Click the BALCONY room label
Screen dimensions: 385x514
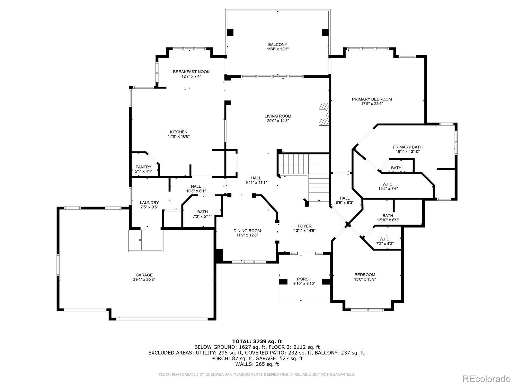click(278, 45)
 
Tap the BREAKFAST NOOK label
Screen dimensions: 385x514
click(191, 72)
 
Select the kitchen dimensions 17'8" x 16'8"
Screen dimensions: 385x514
click(179, 136)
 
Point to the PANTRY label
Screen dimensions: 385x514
click(143, 167)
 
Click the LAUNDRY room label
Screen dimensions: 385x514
click(149, 202)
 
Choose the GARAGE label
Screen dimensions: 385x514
click(144, 275)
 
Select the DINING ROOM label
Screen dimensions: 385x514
click(247, 231)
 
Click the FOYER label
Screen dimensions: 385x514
click(305, 226)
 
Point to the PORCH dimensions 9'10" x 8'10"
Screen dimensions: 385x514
click(304, 284)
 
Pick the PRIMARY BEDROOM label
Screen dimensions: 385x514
click(372, 99)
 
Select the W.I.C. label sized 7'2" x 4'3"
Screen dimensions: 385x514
click(385, 239)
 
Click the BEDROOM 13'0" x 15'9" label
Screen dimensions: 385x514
click(365, 275)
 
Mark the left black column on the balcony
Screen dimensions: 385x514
click(230, 32)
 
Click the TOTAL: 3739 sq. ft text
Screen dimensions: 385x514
click(257, 341)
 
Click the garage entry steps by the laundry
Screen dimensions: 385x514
click(135, 240)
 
